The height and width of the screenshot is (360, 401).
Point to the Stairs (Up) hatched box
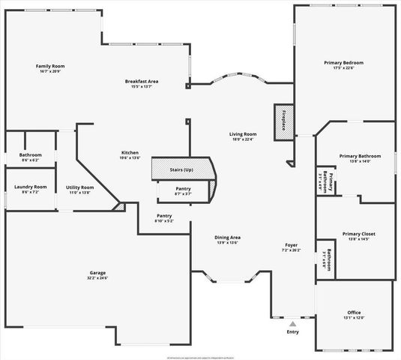(183, 169)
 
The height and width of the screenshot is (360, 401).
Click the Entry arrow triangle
(292, 323)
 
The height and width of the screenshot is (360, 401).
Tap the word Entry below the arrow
(292, 331)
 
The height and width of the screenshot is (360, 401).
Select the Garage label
(98, 273)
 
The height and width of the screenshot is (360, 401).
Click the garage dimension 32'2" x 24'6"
(98, 278)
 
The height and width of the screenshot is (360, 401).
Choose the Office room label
(354, 312)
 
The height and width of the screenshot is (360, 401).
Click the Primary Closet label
(358, 234)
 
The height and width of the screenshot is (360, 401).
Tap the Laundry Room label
(30, 187)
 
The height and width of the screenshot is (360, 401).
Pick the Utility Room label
(79, 187)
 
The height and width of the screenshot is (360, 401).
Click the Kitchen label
(130, 153)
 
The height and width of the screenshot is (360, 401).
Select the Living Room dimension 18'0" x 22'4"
(243, 139)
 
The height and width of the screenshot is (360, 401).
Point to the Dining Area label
(227, 237)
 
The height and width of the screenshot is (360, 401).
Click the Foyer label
(291, 245)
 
